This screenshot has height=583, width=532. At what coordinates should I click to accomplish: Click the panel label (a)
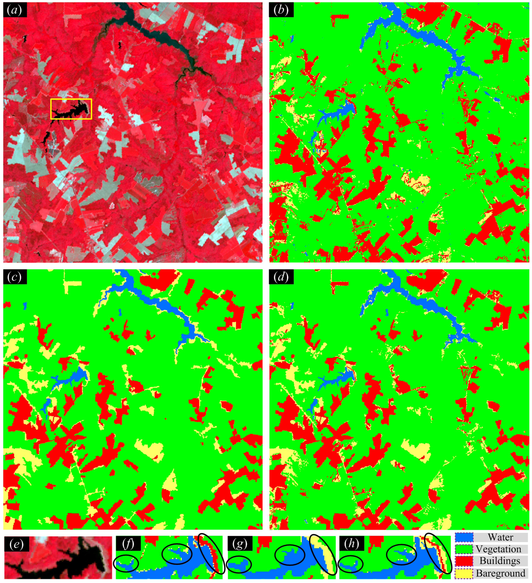click(x=15, y=10)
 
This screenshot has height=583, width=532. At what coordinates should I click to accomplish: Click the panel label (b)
click(x=281, y=10)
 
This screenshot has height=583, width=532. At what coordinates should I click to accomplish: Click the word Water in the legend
click(x=500, y=537)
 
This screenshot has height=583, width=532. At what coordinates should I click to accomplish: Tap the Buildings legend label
click(x=500, y=561)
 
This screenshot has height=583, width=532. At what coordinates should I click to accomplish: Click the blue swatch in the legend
click(x=464, y=537)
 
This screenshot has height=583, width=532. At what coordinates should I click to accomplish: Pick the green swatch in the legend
click(x=464, y=549)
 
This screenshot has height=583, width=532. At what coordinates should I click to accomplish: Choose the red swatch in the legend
click(x=464, y=561)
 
